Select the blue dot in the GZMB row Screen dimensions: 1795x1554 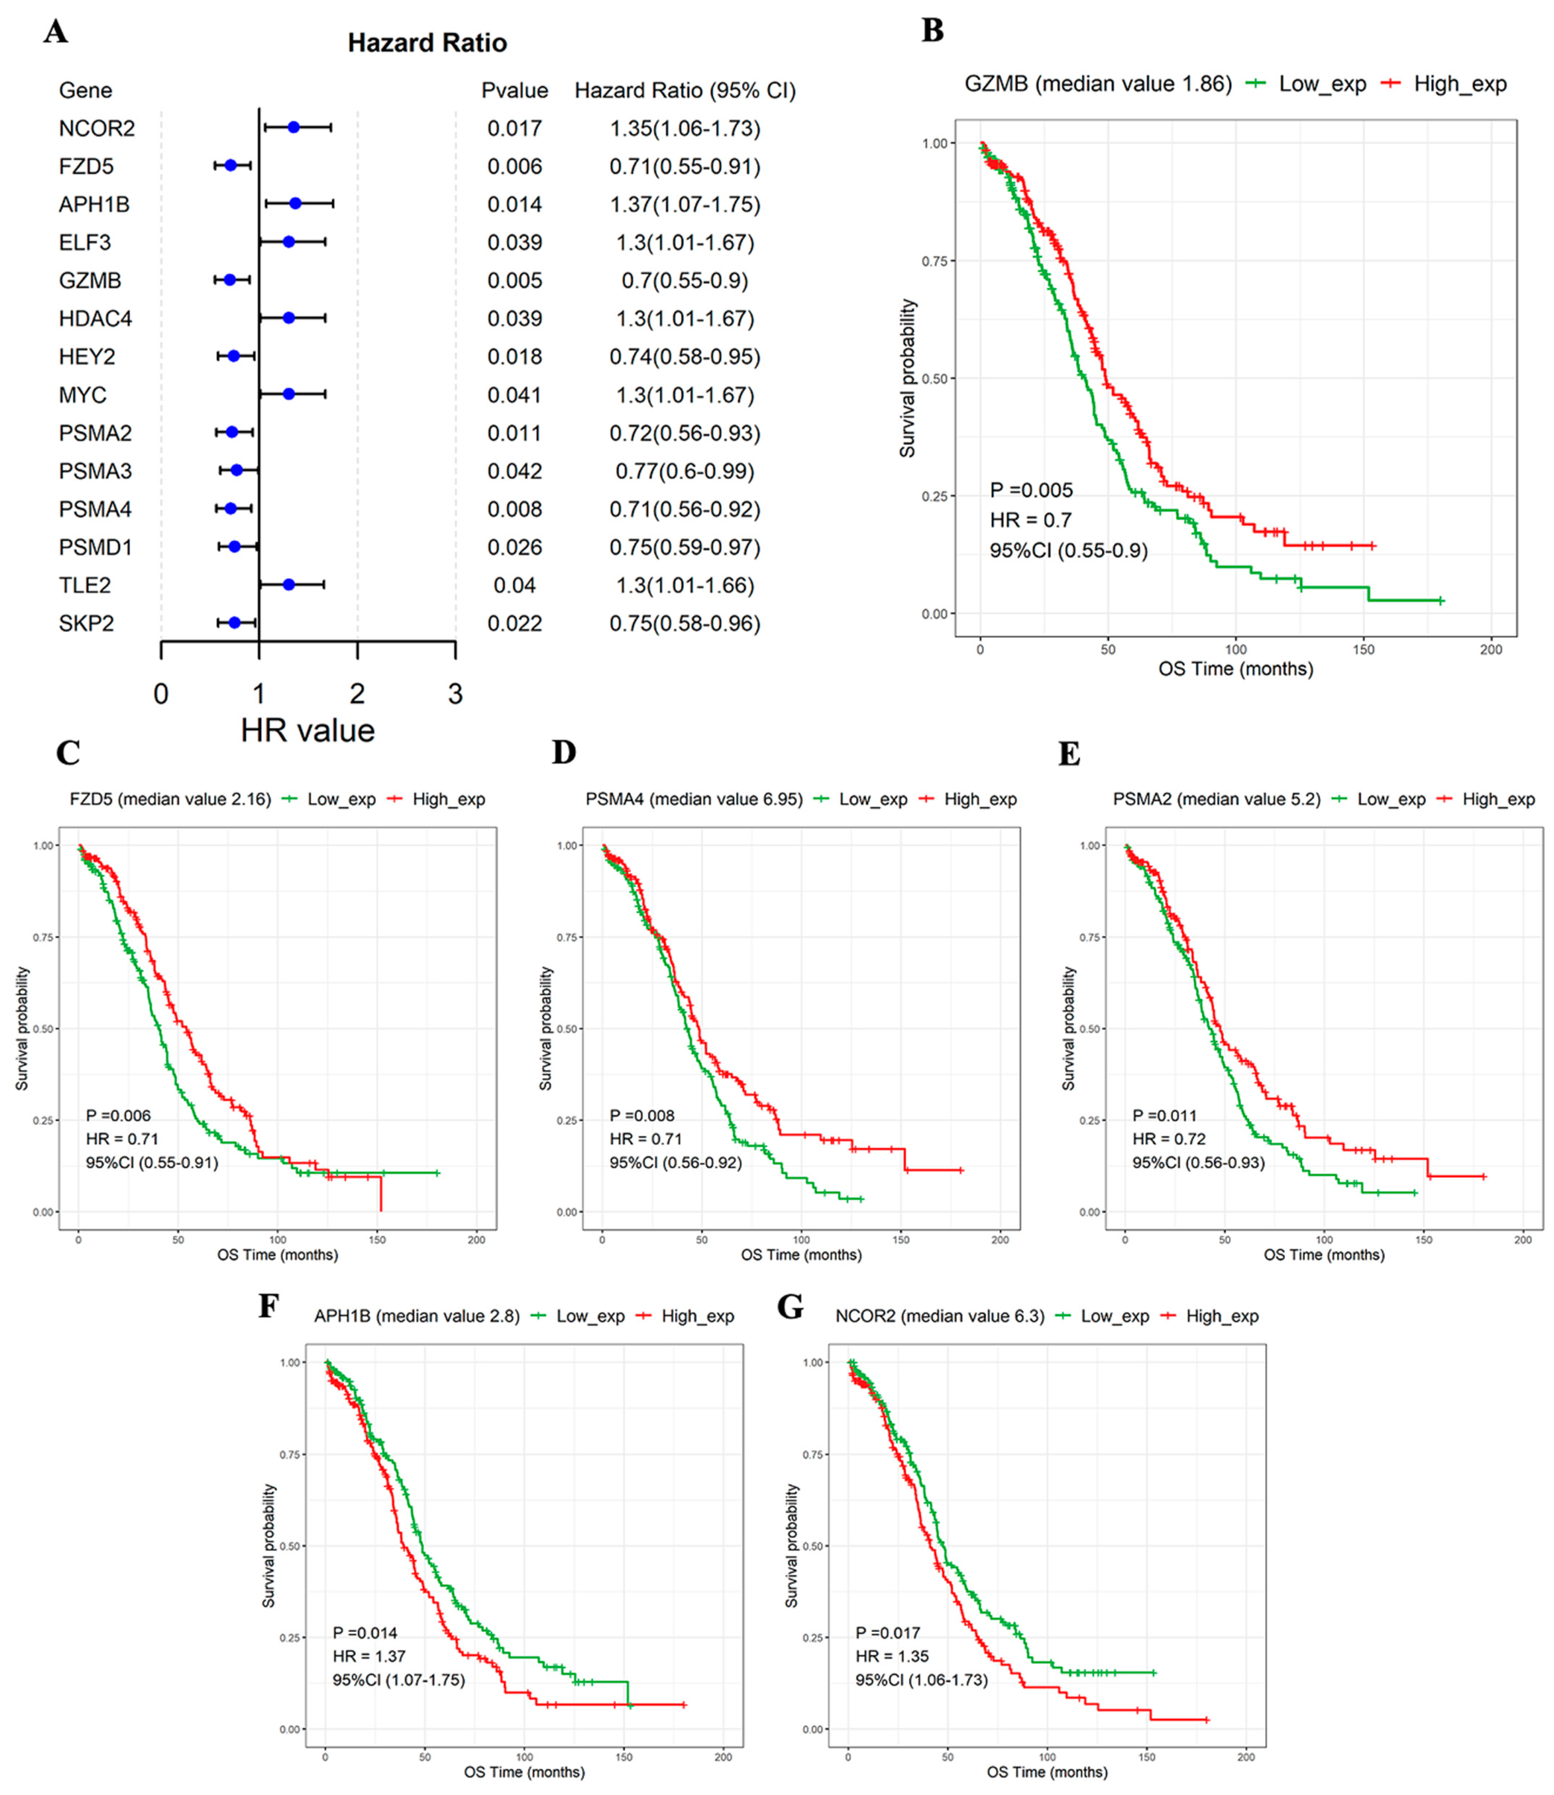[230, 280]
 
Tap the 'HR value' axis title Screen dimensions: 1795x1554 [308, 731]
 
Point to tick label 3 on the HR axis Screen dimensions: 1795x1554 [455, 694]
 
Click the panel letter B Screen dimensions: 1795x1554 [932, 31]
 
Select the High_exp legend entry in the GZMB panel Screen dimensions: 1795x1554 [1446, 84]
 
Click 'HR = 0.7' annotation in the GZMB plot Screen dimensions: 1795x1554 [1030, 520]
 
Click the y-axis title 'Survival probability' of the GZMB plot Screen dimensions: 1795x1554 [907, 378]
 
